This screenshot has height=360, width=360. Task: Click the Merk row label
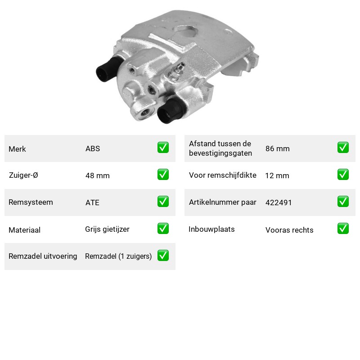click(x=17, y=149)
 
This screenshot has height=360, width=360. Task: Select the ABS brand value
click(x=93, y=148)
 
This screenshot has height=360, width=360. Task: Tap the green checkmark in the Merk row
click(x=163, y=148)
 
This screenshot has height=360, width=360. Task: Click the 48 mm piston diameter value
click(x=98, y=175)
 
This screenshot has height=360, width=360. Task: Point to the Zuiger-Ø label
click(x=23, y=175)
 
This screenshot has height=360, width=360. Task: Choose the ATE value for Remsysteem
click(x=92, y=202)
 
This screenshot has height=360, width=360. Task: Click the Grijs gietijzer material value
click(x=107, y=229)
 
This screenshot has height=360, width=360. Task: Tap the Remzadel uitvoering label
click(x=43, y=256)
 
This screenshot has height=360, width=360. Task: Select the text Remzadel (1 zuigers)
click(x=118, y=256)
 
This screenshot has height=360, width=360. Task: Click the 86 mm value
click(x=278, y=148)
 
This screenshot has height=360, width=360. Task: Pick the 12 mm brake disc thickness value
click(x=277, y=175)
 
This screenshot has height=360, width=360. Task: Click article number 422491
click(x=279, y=202)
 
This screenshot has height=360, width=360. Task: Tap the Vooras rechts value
click(x=289, y=230)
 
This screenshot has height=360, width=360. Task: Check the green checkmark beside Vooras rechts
click(x=343, y=229)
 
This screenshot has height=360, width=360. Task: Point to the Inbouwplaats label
click(x=211, y=229)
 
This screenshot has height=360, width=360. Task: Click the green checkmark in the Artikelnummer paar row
click(x=343, y=201)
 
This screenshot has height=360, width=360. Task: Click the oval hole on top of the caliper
click(x=185, y=31)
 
